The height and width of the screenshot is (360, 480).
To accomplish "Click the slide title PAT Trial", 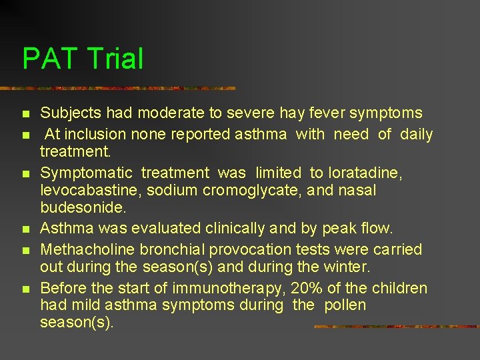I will click(83, 59).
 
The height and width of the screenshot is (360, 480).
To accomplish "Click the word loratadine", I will click(364, 173).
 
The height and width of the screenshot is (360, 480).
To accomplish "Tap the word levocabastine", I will click(89, 191).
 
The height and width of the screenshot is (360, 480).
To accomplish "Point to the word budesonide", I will click(83, 208).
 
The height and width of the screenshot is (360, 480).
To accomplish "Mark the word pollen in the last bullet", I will click(345, 305).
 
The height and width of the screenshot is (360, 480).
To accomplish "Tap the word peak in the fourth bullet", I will click(339, 229).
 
